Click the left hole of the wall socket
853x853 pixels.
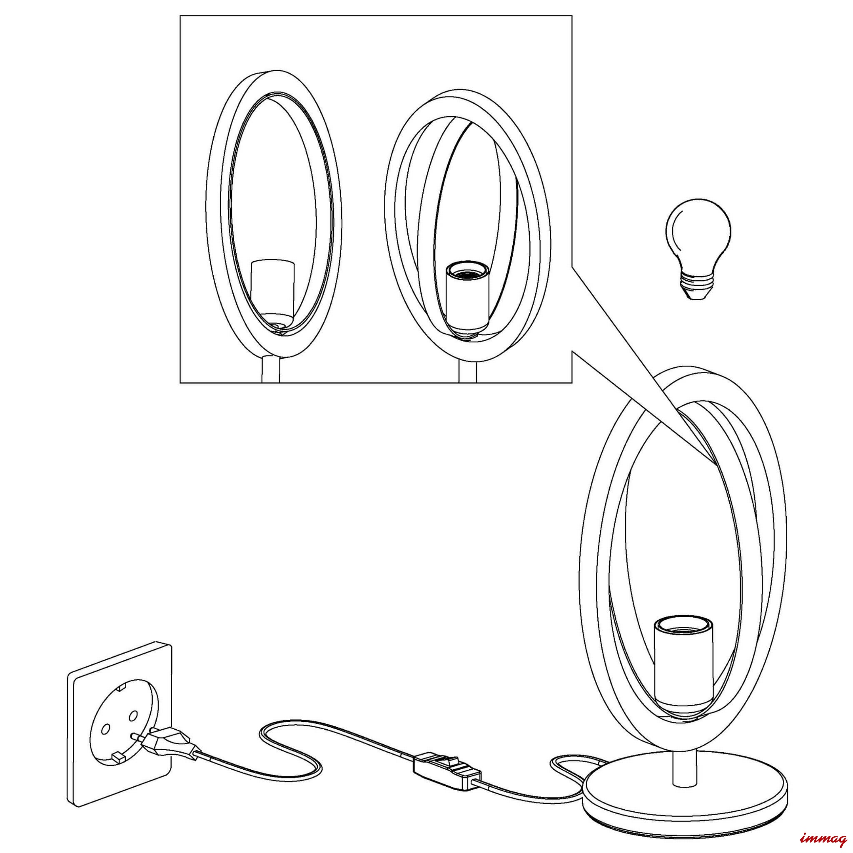[105, 728]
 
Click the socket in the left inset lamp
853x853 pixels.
[272, 294]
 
